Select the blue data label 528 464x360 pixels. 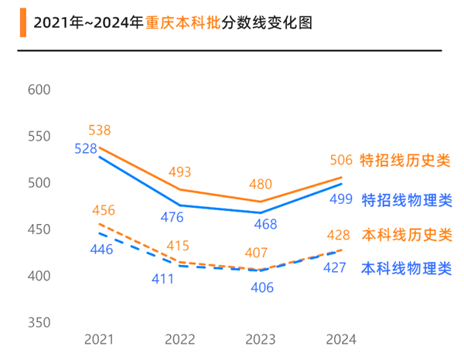(86, 148)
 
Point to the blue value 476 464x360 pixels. (179, 218)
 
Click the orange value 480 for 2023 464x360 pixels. (259, 185)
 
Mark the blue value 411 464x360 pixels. (162, 279)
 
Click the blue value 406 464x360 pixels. (260, 287)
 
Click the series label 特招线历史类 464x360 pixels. (405, 161)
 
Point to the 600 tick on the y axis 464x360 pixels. (39, 90)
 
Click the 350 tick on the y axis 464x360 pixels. (39, 322)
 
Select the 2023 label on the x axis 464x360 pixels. (260, 339)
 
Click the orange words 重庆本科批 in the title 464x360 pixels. (177, 22)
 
